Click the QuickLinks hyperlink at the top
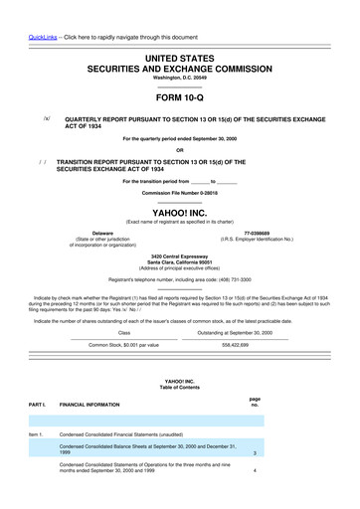(x=22, y=11)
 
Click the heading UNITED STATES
(x=179, y=61)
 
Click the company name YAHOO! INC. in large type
(x=179, y=212)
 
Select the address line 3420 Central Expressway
(x=179, y=254)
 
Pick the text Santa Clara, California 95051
(x=179, y=261)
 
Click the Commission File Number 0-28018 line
(x=179, y=193)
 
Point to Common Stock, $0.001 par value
(x=103, y=345)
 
